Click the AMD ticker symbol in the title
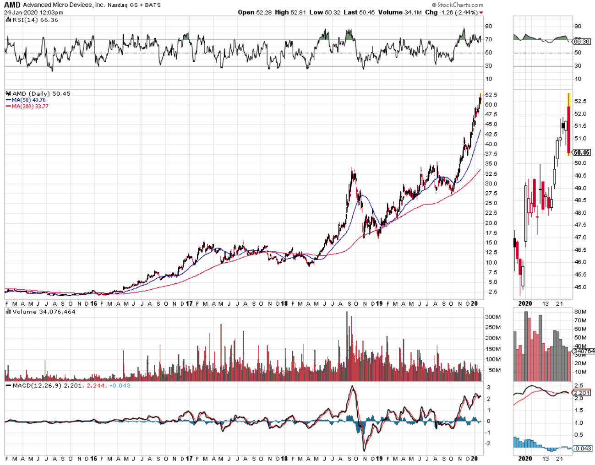click(12, 5)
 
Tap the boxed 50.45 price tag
click(582, 152)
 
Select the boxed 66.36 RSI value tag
click(582, 42)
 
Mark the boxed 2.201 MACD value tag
click(582, 393)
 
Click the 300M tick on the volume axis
click(493, 317)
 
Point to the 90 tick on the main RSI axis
click(489, 27)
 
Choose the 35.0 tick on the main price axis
click(491, 163)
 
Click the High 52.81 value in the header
click(290, 12)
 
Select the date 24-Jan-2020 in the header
click(21, 12)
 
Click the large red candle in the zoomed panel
click(568, 130)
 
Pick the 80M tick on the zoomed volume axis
click(580, 312)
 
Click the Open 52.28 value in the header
click(255, 12)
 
